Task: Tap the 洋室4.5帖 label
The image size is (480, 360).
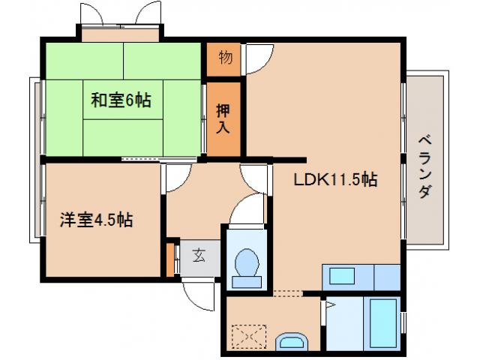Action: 97,220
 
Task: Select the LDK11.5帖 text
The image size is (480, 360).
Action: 334,179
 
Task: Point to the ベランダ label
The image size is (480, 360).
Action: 425,165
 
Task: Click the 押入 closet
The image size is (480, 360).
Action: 224,118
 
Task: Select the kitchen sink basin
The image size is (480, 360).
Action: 341,276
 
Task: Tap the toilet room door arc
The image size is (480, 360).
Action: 244,212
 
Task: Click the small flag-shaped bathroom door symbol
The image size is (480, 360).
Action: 328,305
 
